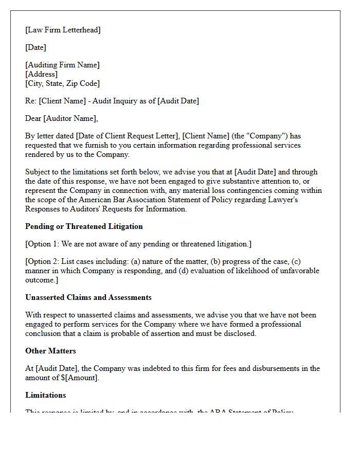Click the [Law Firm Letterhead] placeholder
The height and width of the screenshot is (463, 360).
click(63, 30)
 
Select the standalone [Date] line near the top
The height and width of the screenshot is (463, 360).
click(35, 47)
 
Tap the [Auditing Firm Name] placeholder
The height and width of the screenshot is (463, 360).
click(62, 65)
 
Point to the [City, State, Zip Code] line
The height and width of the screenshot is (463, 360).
click(62, 83)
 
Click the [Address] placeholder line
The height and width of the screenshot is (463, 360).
click(41, 74)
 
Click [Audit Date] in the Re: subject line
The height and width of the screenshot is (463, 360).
click(177, 101)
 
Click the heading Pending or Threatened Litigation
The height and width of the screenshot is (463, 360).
click(84, 226)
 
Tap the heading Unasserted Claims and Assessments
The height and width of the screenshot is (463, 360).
click(88, 297)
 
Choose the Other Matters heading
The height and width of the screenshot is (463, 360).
click(50, 351)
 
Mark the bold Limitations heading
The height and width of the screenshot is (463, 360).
click(45, 395)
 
